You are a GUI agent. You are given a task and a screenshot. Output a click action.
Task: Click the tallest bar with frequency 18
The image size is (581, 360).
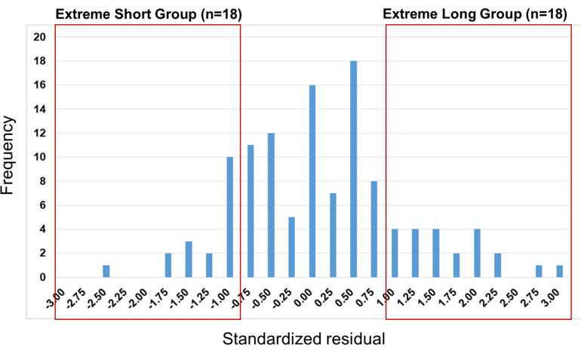pos(353,169)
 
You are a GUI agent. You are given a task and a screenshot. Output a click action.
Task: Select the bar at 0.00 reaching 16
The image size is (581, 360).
pos(312,181)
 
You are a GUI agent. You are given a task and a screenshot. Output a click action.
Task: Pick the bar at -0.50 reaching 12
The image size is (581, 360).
pos(271,205)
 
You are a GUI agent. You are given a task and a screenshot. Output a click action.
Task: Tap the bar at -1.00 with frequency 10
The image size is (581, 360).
pos(229,217)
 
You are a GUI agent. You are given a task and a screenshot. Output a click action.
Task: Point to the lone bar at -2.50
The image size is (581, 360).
pos(106,272)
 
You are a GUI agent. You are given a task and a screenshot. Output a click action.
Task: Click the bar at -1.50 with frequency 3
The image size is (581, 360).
pos(189,260)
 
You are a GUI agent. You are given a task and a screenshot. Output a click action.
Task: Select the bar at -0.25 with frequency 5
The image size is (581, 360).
pos(291,248)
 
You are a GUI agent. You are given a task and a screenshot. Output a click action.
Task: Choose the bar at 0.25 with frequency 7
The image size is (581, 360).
pos(333,235)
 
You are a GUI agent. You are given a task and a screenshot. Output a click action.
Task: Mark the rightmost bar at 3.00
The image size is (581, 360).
pos(560,272)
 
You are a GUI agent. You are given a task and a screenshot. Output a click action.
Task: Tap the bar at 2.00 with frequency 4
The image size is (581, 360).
pos(477,254)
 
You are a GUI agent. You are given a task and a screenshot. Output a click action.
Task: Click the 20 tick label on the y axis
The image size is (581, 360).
pos(40,37)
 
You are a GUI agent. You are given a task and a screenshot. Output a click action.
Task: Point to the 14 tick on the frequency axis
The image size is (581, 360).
pos(40,109)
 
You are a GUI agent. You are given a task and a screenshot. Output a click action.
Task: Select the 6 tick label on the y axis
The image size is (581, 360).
pos(43,205)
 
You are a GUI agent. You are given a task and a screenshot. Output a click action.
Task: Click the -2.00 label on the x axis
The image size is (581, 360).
pos(138,298)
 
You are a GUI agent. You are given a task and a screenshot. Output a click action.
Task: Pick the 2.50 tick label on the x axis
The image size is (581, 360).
pos(509,298)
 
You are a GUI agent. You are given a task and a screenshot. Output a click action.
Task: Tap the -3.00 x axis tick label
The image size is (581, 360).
pos(56,298)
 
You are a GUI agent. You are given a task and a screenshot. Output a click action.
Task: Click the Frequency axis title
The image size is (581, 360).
pos(8,155)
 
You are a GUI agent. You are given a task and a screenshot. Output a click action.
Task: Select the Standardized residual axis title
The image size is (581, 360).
pos(304,339)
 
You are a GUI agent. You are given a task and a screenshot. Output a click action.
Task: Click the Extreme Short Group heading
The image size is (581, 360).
pos(149,14)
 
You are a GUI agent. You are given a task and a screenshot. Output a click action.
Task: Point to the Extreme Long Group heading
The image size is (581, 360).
pos(475,14)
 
